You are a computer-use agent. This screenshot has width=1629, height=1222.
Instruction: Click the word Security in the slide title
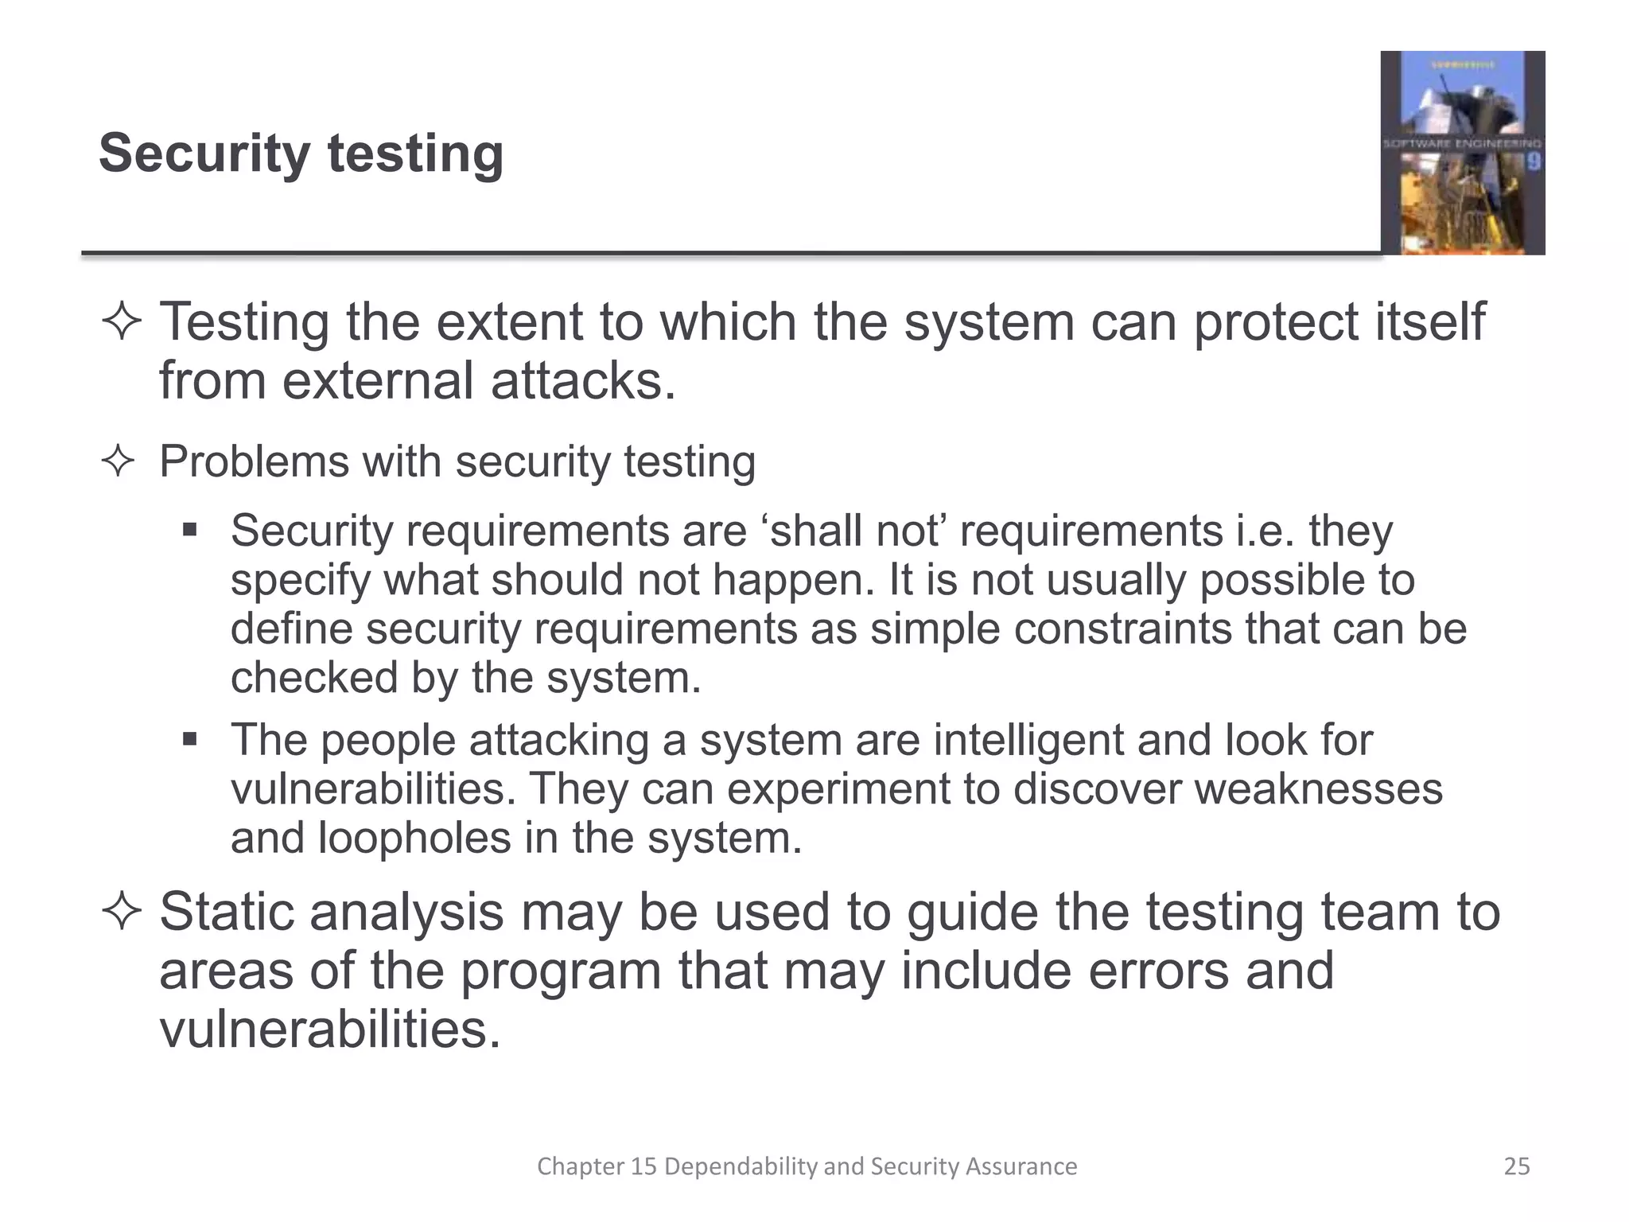pos(204,154)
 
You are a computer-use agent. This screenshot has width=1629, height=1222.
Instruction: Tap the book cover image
pos(1462,153)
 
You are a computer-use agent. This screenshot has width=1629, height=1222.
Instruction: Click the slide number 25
pos(1517,1166)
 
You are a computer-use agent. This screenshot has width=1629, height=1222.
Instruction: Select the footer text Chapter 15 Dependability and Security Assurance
pos(807,1166)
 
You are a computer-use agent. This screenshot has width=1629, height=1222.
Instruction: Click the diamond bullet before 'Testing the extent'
pos(122,323)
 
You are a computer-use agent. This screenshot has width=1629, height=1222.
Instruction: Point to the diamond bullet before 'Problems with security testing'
pos(119,461)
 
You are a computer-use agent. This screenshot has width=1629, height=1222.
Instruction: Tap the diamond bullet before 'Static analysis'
pos(122,912)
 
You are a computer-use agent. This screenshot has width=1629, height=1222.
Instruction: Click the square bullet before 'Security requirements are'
pos(189,530)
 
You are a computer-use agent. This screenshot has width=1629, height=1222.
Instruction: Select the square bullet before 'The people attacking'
pos(189,740)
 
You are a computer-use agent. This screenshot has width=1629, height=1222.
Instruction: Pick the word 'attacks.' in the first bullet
pos(583,381)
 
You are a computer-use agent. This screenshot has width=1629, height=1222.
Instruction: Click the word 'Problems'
pos(254,461)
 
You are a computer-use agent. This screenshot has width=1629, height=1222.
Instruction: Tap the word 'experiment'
pos(836,789)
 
